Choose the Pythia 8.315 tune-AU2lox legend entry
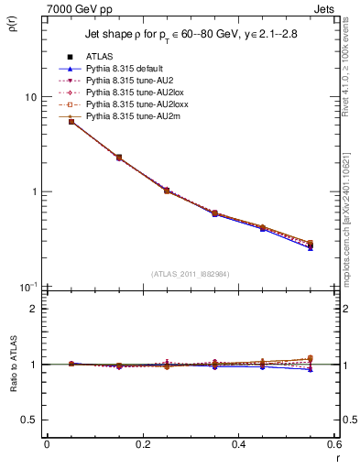coord(128,93)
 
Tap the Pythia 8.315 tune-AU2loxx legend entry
coord(130,104)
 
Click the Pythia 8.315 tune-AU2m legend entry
coord(126,116)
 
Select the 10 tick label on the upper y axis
coord(31,97)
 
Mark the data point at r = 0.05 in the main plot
coord(71,121)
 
